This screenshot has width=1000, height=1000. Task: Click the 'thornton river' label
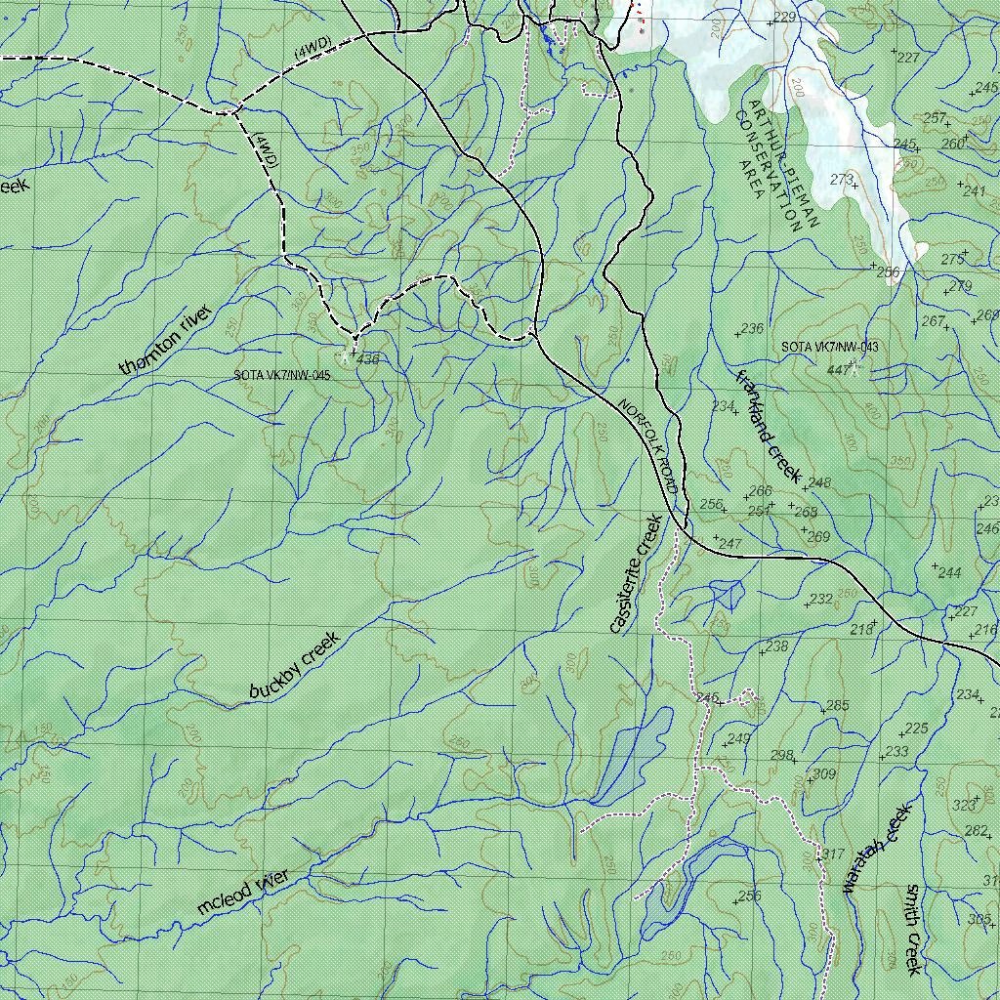[165, 340]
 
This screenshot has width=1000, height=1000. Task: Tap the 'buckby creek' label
[293, 665]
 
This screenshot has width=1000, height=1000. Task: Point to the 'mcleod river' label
[243, 893]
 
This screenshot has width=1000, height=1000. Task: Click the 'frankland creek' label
[769, 428]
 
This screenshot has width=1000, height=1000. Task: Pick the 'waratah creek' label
[876, 848]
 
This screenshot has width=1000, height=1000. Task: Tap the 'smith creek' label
[913, 929]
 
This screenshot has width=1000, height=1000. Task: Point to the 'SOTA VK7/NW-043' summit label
[830, 348]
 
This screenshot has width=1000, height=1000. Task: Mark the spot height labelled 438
[367, 359]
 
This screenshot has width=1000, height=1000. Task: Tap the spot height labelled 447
[838, 370]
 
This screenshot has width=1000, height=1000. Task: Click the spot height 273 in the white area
[841, 180]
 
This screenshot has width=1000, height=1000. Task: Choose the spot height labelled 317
[832, 854]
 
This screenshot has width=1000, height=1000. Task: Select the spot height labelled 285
[837, 706]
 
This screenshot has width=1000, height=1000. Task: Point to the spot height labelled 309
[823, 774]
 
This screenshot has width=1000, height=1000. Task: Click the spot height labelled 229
[784, 19]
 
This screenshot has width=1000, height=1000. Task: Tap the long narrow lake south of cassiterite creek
[635, 752]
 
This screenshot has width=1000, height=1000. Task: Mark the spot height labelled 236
[751, 329]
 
